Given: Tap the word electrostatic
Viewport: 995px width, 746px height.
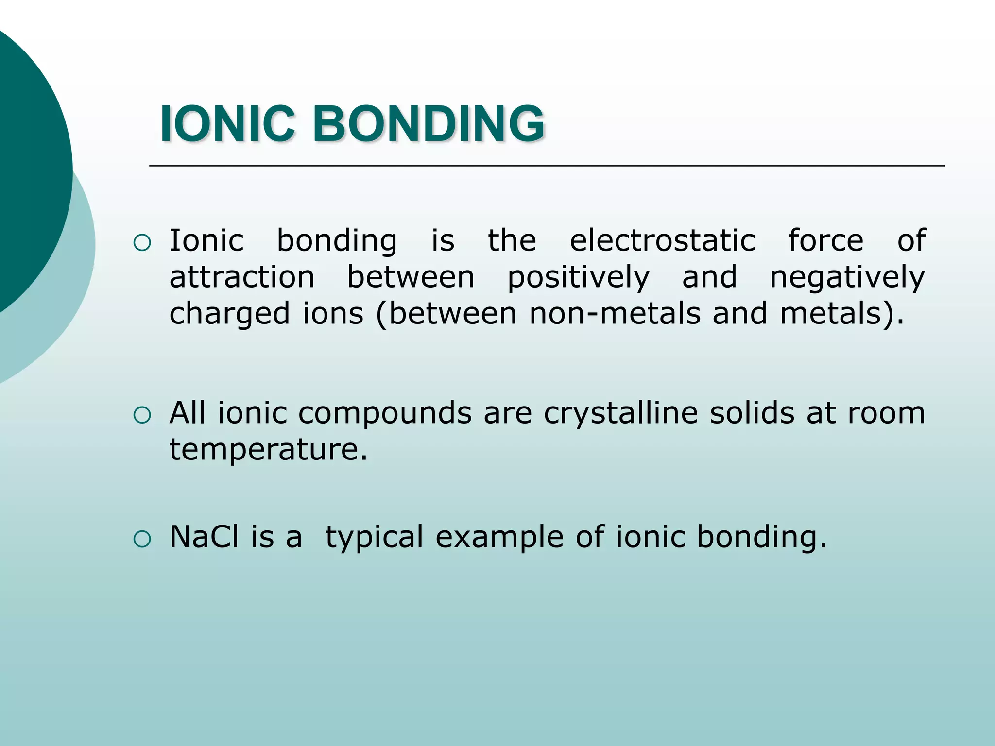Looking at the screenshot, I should tap(662, 240).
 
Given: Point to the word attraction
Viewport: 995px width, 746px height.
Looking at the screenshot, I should tap(242, 277).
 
